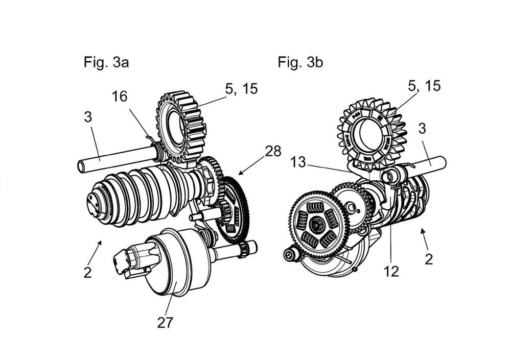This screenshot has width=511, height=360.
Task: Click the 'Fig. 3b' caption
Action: point(300,63)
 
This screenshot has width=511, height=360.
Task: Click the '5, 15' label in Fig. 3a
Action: point(241,88)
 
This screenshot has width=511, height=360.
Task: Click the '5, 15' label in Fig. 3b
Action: point(424,86)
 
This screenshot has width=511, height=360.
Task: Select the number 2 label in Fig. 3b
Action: point(428,259)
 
